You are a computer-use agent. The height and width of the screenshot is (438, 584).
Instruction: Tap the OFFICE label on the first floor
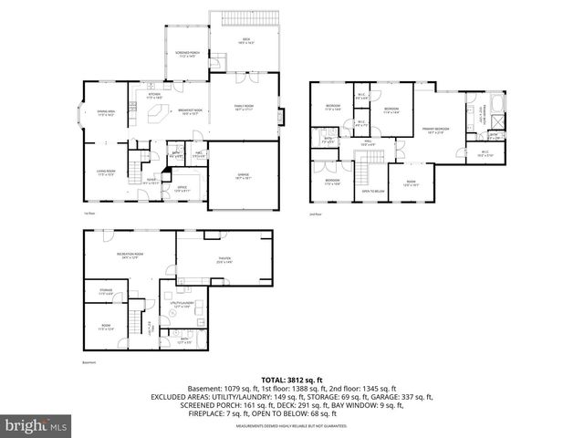point(182,188)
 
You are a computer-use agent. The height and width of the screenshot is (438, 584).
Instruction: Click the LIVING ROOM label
point(106,172)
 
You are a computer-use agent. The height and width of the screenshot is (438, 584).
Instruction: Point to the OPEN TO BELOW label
point(371,191)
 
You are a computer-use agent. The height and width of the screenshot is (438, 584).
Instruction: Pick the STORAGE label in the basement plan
point(105,292)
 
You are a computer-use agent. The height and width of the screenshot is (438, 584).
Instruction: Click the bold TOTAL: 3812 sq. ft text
point(291,379)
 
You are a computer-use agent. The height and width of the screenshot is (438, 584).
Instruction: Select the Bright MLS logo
point(36,425)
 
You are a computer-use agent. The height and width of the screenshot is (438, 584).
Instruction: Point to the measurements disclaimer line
point(291,425)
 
